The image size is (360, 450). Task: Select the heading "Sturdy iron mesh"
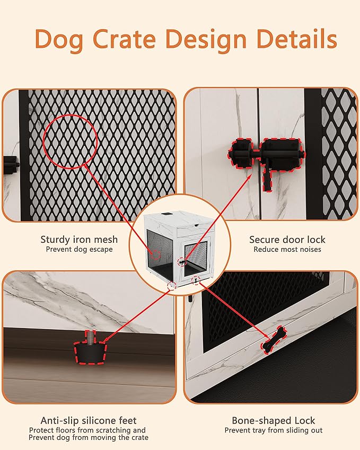[x=76, y=240]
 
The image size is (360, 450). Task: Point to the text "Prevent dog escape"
[x=79, y=249]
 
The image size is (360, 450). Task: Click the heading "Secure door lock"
[x=287, y=240]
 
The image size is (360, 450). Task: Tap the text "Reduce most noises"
[x=287, y=249]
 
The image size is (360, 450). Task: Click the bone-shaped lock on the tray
[x=274, y=340]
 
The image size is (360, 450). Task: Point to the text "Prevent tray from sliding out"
[x=273, y=430]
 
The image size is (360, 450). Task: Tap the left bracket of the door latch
[x=239, y=153]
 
